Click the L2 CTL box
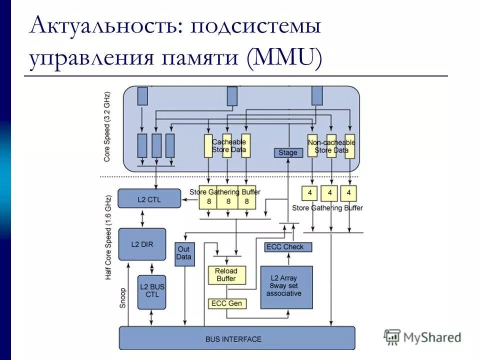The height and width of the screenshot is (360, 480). pos(142,198)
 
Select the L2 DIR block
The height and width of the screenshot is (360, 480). pos(142,244)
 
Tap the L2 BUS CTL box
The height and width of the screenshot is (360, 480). pos(152,291)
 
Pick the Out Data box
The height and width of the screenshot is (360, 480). pos(183,253)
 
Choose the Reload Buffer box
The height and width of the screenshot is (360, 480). pos(226,274)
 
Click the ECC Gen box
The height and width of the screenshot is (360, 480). pos(226,303)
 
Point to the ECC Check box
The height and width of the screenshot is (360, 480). pos(288,247)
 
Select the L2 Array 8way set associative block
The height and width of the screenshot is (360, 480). pos(286,287)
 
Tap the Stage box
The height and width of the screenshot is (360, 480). pos(288,152)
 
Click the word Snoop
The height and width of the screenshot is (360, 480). pos(122,298)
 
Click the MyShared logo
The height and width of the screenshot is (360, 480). pos(422,337)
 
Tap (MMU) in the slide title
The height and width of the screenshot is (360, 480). pos(283,59)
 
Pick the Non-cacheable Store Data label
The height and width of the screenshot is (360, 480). pos(331,146)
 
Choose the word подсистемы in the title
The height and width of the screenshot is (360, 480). pos(254,26)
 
